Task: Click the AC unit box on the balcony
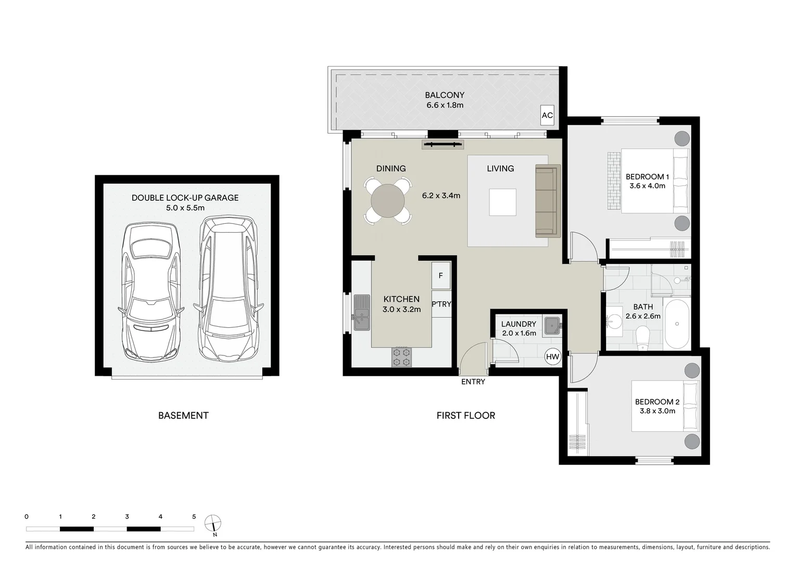(547, 115)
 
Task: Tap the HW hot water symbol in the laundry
(552, 357)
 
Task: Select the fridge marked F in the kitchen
(440, 276)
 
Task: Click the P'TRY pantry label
(441, 304)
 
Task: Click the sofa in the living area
(547, 201)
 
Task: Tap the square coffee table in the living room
(502, 202)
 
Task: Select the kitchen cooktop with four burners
(401, 356)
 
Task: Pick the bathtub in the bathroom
(677, 323)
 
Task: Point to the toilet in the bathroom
(643, 337)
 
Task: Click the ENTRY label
(473, 382)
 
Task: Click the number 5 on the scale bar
(194, 517)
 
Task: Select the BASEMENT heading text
(183, 415)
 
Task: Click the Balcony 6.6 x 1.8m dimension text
(444, 105)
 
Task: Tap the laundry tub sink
(551, 325)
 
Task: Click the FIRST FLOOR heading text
(465, 415)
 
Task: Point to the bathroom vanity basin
(615, 318)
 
